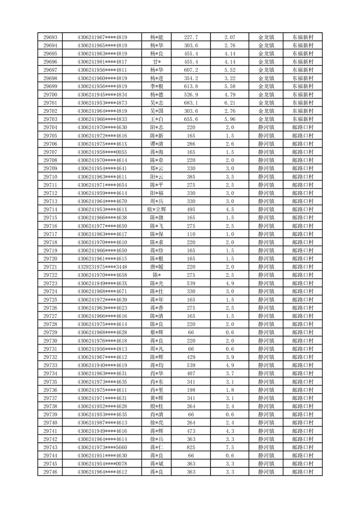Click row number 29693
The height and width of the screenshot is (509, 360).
[x=50, y=37]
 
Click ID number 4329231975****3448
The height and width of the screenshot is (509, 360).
[x=102, y=267]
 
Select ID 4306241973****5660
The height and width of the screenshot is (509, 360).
[x=102, y=447]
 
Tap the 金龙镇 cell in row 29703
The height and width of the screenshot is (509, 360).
[x=266, y=119]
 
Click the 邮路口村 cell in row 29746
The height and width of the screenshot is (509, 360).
[x=302, y=472]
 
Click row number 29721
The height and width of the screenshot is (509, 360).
[x=50, y=267]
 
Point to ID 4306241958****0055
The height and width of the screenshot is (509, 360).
[x=102, y=152]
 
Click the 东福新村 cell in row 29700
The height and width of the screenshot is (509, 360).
[x=302, y=95]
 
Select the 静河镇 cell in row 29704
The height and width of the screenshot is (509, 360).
[x=266, y=127]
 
